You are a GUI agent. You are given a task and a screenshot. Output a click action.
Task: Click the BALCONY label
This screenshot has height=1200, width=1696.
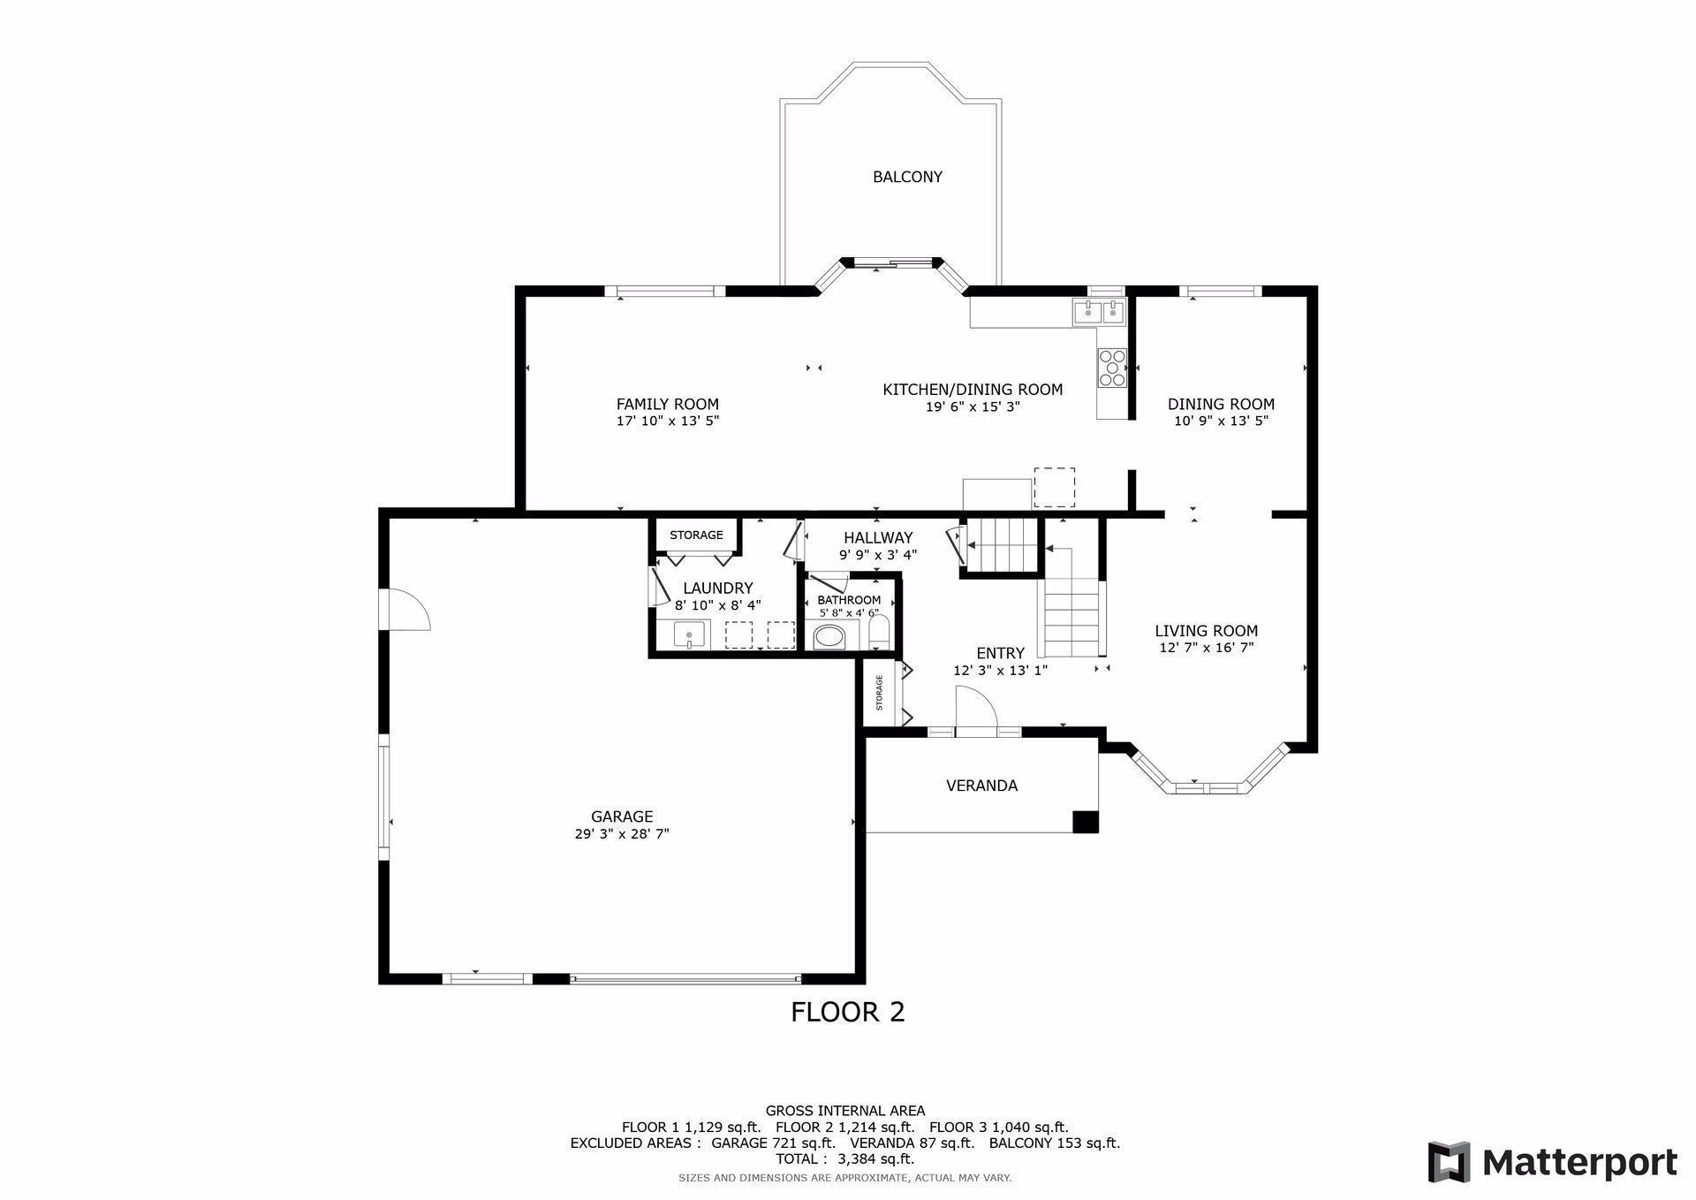coord(907,177)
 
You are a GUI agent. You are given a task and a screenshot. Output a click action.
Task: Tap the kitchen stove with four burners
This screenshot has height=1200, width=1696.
coord(1112,368)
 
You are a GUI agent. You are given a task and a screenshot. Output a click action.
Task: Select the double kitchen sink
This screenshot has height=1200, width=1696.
coord(1100,311)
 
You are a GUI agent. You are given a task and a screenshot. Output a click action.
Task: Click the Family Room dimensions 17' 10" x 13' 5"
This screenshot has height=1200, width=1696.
coord(668,422)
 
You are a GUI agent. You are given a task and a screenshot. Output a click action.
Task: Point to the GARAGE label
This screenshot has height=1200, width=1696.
coord(622,816)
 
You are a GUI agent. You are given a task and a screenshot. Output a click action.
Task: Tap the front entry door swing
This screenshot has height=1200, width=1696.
coord(976,710)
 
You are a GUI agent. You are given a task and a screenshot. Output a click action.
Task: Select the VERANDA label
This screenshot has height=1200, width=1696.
coord(981,786)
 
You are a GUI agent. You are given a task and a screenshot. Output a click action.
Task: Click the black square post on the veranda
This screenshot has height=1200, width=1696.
coord(1085,821)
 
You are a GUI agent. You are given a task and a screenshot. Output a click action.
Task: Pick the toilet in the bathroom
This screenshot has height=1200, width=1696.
coord(879,634)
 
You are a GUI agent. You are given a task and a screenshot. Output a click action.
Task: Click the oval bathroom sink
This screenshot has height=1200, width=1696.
coord(829,636)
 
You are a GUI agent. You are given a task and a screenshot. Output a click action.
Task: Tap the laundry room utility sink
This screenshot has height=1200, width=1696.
coord(689,634)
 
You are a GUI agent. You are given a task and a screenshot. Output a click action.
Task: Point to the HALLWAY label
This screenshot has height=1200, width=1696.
coord(878,538)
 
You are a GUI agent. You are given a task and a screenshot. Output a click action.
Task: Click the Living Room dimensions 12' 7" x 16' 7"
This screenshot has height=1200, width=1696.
coord(1207,648)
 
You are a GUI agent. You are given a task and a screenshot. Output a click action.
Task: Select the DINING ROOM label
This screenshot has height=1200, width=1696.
coord(1221,405)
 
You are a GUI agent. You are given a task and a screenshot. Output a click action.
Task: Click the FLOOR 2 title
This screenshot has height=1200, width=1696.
coord(847,1012)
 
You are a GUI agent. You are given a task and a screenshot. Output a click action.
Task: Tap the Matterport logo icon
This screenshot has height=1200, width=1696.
coord(1450,1162)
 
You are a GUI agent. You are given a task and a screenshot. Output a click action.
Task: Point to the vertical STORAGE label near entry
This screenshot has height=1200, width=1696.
coord(879,693)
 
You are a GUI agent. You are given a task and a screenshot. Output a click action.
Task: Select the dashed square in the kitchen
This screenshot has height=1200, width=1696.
coord(1054,487)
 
